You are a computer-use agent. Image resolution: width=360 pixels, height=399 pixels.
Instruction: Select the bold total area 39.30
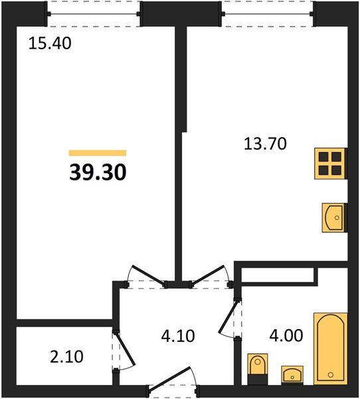point(97,172)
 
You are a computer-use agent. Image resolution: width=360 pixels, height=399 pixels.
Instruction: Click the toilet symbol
point(256,366)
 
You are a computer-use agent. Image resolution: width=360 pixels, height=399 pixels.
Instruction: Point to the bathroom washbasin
point(292,374)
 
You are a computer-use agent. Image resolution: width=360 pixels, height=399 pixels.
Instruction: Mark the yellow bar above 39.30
point(97,153)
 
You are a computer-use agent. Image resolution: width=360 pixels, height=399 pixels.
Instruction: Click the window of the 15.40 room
point(94,13)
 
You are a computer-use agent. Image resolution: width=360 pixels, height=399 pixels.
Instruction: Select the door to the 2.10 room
point(124,349)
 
